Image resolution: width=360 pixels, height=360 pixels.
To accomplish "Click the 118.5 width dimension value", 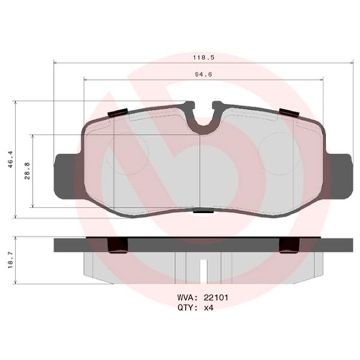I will pyautogui.click(x=200, y=58).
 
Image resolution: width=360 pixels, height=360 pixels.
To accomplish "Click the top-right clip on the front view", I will pyautogui.click(x=290, y=112).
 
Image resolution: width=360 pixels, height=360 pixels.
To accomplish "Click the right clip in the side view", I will pyautogui.click(x=290, y=245).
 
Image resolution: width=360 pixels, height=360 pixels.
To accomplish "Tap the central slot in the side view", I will pyautogui.click(x=202, y=268).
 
